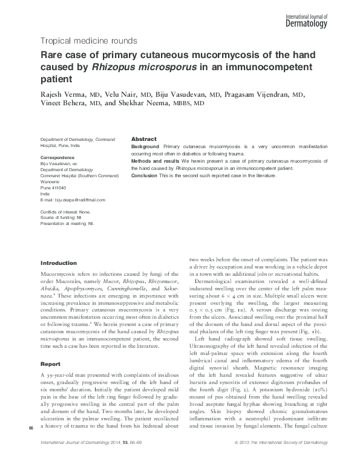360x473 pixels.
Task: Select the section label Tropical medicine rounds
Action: point(88,41)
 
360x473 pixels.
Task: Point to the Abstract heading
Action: point(144,139)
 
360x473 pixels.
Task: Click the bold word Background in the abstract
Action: point(145,146)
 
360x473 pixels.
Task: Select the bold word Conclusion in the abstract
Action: point(145,176)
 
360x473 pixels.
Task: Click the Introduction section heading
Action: point(58,263)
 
